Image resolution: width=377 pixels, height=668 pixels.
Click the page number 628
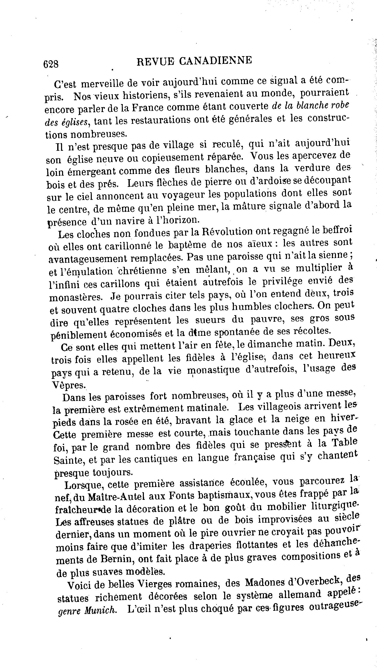(x=51, y=64)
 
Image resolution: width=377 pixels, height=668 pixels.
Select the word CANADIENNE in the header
(x=215, y=60)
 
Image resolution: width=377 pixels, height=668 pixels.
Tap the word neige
(x=295, y=419)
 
